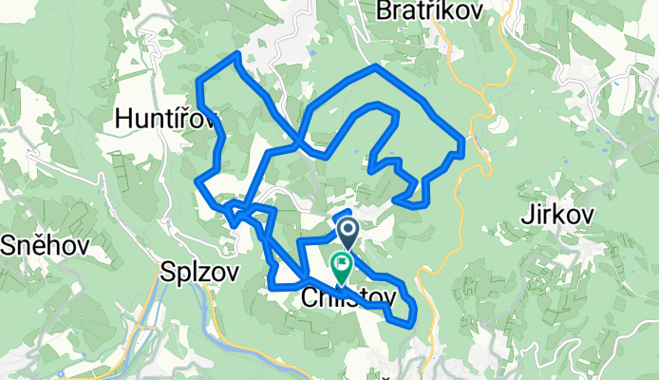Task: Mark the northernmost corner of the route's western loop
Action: coord(235,57)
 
